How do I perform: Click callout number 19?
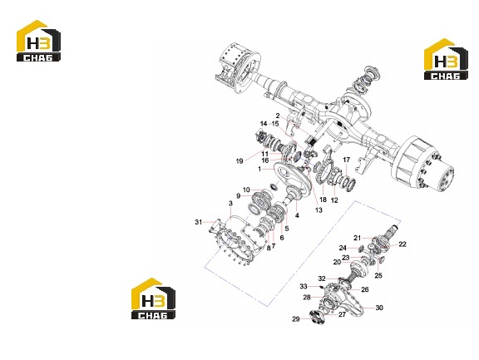tap(239, 161)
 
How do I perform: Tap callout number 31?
tap(199, 222)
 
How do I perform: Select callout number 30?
tap(379, 308)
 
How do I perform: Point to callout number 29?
tap(296, 319)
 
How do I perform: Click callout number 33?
tap(303, 286)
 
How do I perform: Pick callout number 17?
tap(346, 160)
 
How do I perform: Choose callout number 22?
tap(402, 244)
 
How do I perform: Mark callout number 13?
tap(319, 210)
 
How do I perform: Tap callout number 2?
tap(278, 116)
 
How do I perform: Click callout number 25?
tap(378, 275)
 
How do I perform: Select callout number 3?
tap(230, 203)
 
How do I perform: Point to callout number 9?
tap(239, 195)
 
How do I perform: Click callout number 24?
tap(343, 248)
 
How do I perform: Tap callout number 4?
tap(297, 215)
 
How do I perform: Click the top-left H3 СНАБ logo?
tap(38, 41)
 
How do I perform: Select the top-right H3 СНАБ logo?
tap(446, 59)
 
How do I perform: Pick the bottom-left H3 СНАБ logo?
tap(153, 298)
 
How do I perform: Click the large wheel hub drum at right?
tap(425, 165)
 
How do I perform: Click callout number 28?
tap(307, 297)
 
